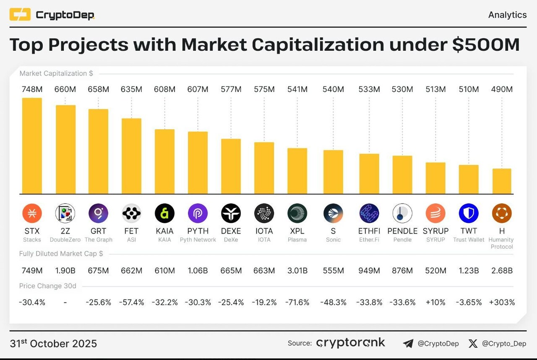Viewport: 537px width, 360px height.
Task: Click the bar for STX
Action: click(32, 146)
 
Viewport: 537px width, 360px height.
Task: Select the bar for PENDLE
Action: click(402, 175)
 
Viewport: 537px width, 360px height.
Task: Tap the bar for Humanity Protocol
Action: click(502, 181)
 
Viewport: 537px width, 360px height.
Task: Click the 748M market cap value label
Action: click(32, 89)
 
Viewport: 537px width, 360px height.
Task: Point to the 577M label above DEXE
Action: click(231, 89)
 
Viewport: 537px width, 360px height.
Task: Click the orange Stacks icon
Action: click(32, 214)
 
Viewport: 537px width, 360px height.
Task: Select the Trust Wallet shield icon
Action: click(469, 214)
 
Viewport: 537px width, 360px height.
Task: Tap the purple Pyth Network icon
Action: click(198, 214)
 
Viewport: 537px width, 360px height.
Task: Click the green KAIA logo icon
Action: click(164, 214)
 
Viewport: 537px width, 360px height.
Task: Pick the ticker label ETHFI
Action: click(369, 231)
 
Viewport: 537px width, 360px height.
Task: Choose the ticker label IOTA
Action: click(264, 231)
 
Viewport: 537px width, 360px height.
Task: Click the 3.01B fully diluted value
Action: click(297, 271)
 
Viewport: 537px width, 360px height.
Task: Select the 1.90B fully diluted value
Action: click(65, 271)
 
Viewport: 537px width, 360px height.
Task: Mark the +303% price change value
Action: click(502, 302)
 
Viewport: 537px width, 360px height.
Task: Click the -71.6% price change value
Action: click(297, 302)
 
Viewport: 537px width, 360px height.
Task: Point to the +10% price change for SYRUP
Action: click(435, 302)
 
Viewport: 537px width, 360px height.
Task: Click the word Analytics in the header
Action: click(507, 15)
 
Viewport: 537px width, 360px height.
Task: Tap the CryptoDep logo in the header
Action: click(52, 15)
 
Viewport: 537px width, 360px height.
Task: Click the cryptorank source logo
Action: click(350, 343)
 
